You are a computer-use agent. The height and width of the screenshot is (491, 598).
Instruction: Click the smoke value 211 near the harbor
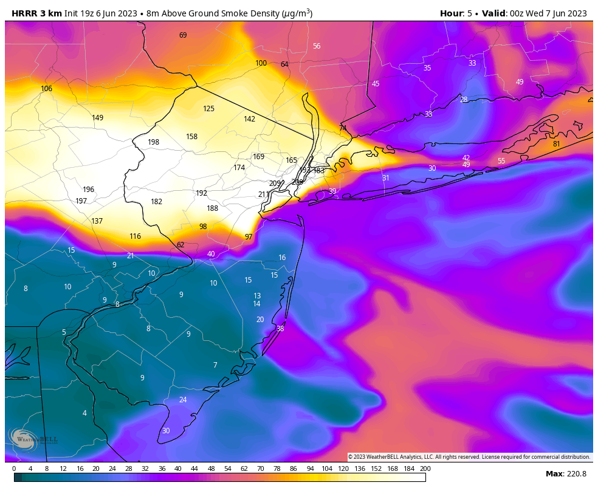[x=263, y=194]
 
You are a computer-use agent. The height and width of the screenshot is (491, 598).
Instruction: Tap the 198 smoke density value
[x=153, y=142]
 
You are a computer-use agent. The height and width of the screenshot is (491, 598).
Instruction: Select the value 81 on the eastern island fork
[x=556, y=144]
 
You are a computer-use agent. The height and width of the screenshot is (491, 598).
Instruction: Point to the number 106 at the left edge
[x=46, y=89]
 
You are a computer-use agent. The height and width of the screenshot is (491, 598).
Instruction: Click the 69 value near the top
[x=182, y=35]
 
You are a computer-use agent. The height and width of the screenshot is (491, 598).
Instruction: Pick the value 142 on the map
[x=249, y=119]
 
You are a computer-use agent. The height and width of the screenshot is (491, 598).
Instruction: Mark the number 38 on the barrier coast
[x=280, y=329]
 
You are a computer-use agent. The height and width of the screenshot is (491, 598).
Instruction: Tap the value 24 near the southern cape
[x=182, y=400]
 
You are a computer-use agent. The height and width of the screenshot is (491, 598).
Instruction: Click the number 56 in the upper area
[x=316, y=46]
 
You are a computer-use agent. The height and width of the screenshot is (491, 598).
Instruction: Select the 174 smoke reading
[x=239, y=168]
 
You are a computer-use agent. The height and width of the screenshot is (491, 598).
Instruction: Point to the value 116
[x=135, y=236]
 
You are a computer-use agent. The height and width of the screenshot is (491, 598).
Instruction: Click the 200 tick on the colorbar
[x=425, y=469]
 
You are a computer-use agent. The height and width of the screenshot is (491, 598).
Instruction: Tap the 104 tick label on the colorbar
[x=326, y=469]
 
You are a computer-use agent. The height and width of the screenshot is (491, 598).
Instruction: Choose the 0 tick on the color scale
[x=14, y=469]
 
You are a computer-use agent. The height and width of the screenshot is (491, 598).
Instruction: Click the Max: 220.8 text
[x=566, y=474]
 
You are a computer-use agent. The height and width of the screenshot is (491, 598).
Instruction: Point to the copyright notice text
[x=469, y=457]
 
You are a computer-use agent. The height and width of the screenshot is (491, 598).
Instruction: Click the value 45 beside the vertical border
[x=375, y=84]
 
